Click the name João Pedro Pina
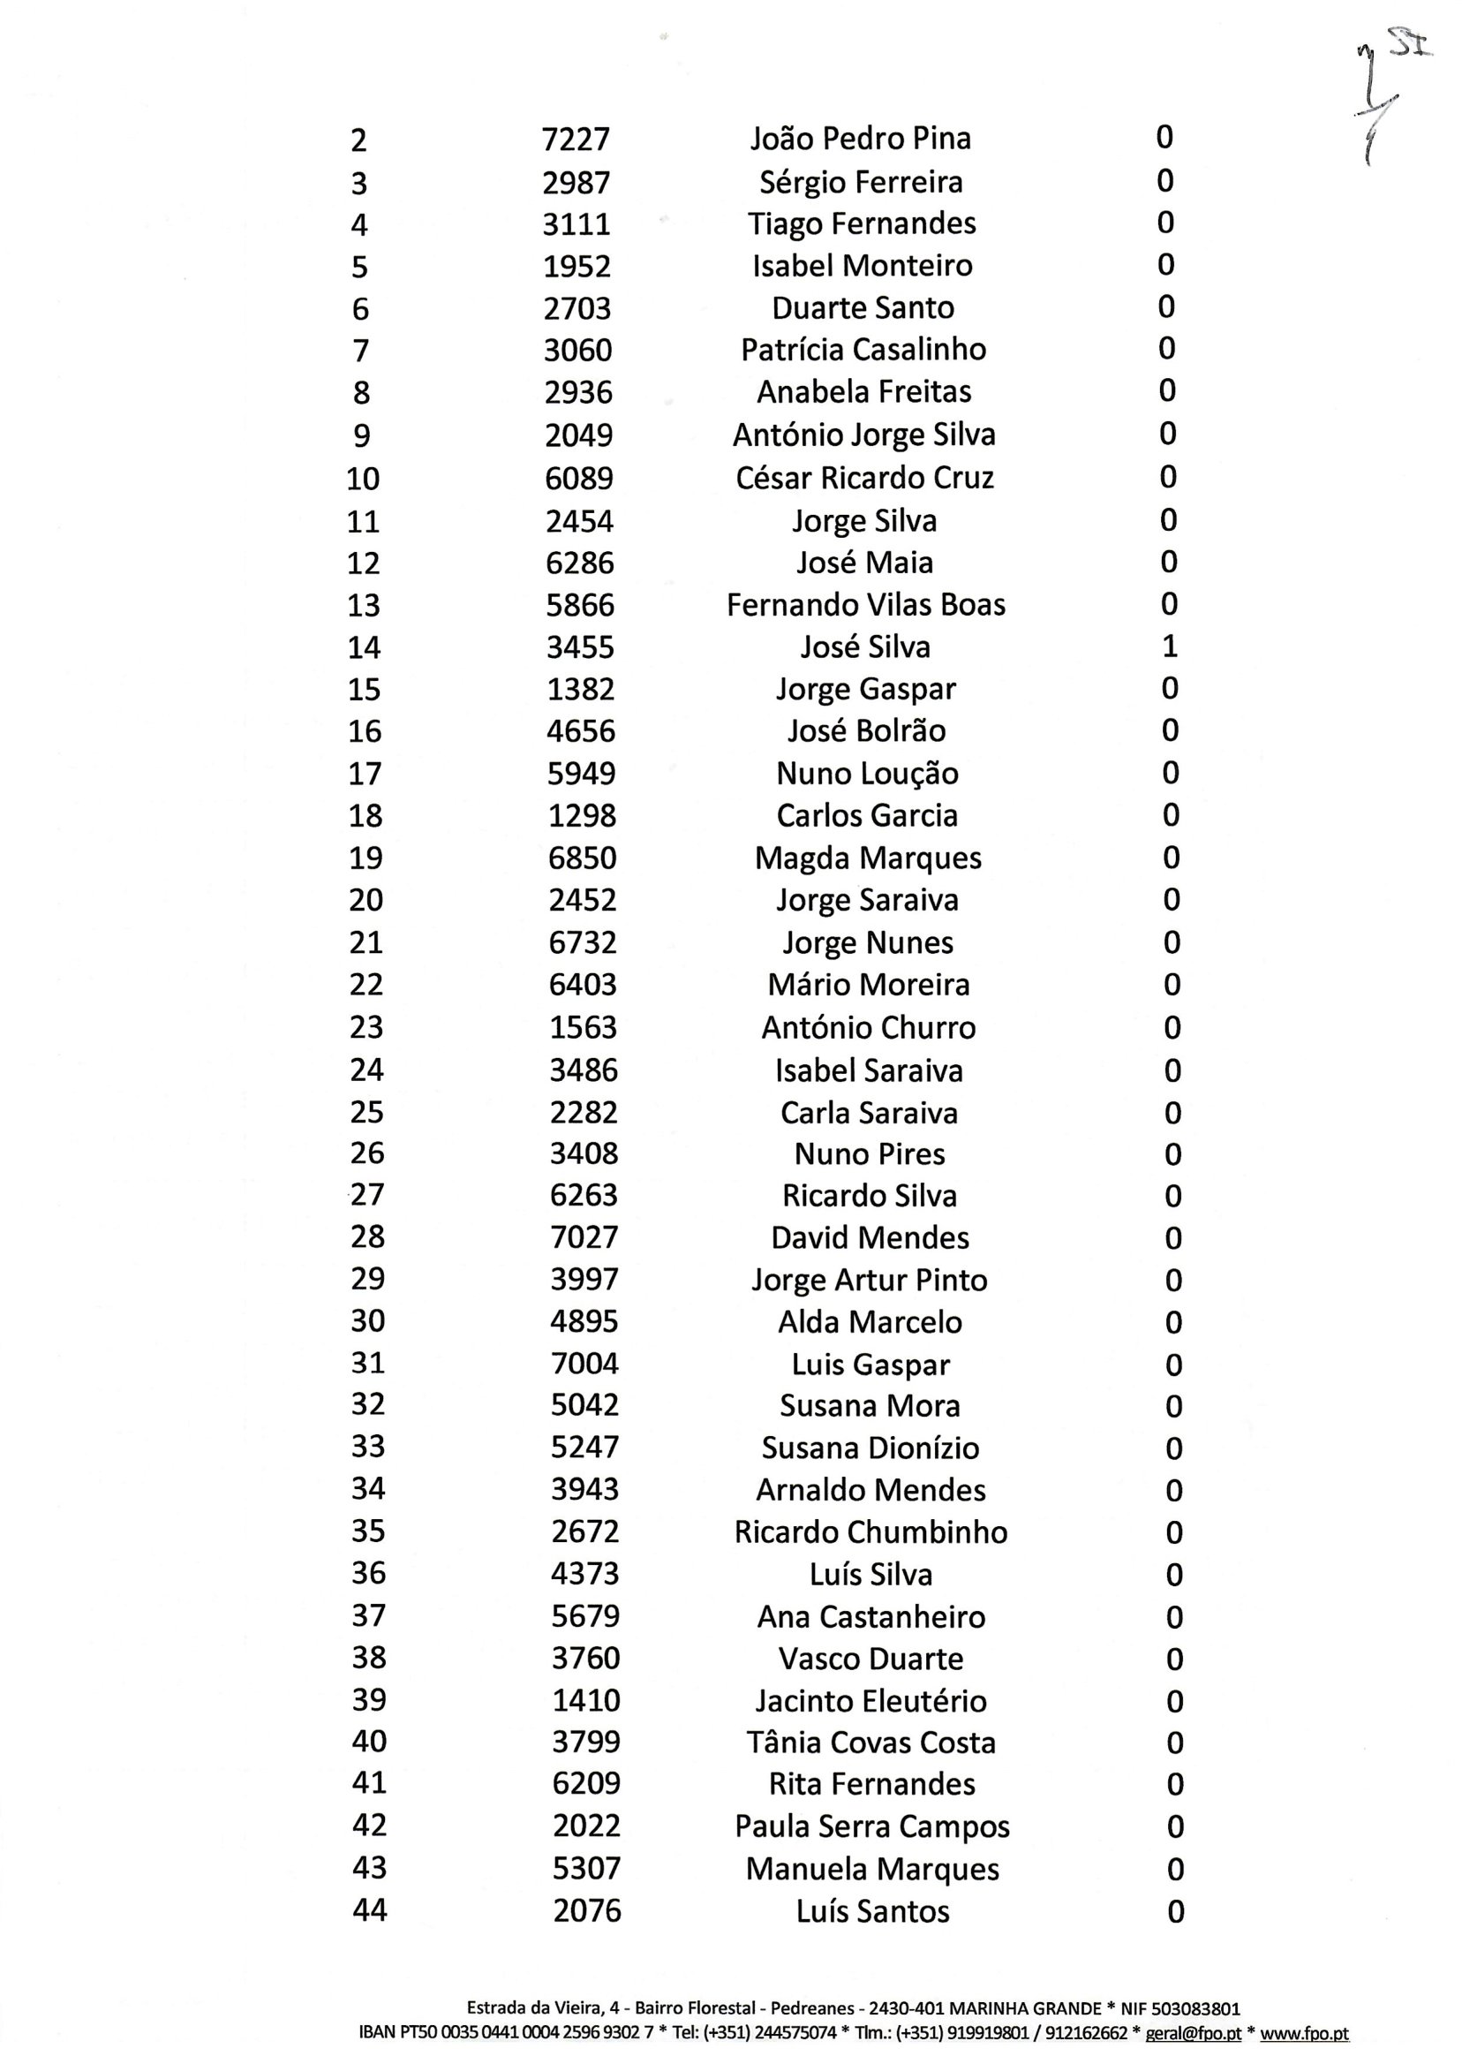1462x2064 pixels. (x=861, y=139)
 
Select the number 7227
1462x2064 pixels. (x=577, y=140)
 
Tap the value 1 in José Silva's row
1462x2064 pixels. (x=1170, y=646)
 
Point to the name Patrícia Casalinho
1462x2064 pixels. (x=863, y=350)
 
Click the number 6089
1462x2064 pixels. (x=579, y=478)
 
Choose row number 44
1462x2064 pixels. (x=369, y=1910)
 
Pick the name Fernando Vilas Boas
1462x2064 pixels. (x=865, y=605)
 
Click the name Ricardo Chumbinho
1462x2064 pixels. (x=870, y=1531)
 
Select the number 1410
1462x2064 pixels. (x=586, y=1700)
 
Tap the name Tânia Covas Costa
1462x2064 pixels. (x=870, y=1743)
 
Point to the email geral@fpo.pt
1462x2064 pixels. (x=1193, y=2033)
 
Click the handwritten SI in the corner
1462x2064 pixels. (x=1410, y=44)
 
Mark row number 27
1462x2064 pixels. (x=367, y=1195)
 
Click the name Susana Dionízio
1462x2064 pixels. (x=870, y=1448)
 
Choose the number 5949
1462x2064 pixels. (x=582, y=774)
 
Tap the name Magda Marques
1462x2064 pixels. (x=868, y=858)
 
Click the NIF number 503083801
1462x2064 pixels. (x=1196, y=2009)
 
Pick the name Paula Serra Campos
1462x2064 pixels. (x=871, y=1826)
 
